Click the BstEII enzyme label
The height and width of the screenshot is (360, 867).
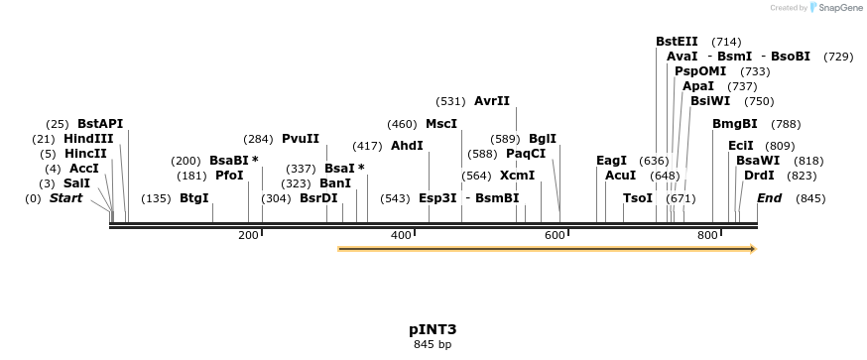(677, 42)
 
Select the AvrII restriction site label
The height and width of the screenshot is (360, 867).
(492, 101)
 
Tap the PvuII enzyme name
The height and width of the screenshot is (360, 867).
(301, 139)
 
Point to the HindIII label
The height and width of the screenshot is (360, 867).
(88, 139)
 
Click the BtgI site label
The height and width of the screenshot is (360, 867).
(194, 198)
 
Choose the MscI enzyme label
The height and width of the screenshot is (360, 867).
(441, 124)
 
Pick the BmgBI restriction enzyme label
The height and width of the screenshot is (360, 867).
(735, 124)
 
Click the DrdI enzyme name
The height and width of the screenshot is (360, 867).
(759, 176)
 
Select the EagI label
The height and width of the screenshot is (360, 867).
(611, 161)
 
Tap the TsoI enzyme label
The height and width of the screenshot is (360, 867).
(638, 198)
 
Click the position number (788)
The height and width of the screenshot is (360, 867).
(786, 124)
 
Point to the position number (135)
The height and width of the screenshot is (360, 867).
(156, 198)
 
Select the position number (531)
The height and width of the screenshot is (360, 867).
(451, 101)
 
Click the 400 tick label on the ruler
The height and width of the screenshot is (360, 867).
(401, 235)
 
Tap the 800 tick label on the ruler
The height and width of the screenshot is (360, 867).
(707, 235)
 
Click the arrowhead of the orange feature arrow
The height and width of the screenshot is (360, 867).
(752, 249)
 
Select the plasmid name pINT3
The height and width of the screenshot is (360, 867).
(433, 328)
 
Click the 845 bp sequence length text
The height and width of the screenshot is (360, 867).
(433, 345)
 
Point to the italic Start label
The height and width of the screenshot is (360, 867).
(65, 198)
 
